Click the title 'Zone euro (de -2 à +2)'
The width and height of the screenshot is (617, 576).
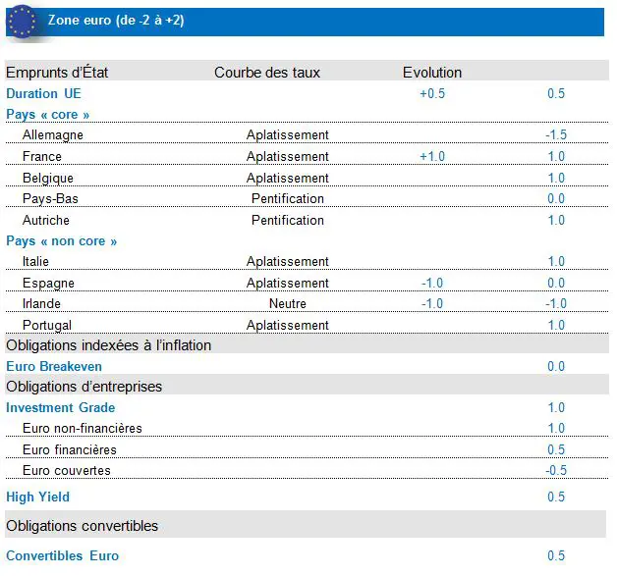(x=115, y=21)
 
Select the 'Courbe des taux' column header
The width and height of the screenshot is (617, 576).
(x=267, y=73)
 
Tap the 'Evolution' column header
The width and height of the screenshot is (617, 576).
(x=431, y=73)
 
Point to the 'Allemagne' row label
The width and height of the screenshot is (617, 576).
(x=52, y=135)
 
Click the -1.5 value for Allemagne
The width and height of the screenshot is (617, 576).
(x=555, y=135)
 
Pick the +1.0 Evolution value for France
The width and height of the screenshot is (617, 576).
(x=431, y=157)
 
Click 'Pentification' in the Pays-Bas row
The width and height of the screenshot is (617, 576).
(x=287, y=199)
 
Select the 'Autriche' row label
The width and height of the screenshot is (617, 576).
(x=45, y=221)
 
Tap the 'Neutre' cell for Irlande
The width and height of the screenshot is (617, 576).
(x=287, y=304)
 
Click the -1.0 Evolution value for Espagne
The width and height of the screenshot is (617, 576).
(x=431, y=284)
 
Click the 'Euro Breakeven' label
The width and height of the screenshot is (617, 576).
(x=54, y=367)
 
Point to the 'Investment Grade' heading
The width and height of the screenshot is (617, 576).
(x=60, y=408)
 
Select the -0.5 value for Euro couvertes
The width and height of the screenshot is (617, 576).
(x=555, y=471)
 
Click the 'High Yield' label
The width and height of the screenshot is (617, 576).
(x=37, y=497)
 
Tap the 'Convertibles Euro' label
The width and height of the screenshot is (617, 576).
(x=62, y=556)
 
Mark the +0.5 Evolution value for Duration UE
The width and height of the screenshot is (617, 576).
(x=432, y=94)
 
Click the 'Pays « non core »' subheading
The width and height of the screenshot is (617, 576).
(x=61, y=241)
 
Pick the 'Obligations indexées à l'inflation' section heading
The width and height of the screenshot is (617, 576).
(x=108, y=345)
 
